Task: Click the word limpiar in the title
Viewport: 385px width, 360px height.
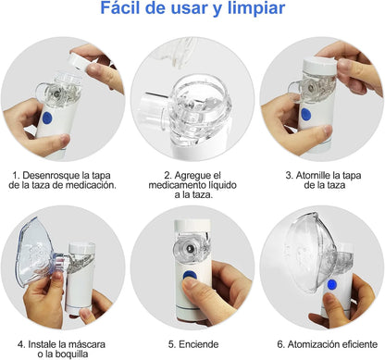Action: pos(256,9)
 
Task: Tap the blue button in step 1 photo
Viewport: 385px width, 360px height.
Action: pos(47,118)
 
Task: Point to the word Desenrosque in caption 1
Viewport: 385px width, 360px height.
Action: pos(51,176)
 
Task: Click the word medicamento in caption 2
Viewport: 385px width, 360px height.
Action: pos(175,185)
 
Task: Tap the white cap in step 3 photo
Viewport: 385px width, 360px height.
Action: pos(319,65)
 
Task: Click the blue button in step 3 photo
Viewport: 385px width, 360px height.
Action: pos(305,114)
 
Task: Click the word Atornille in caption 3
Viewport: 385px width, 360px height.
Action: pos(313,176)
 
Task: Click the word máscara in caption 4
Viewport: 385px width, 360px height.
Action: pos(87,344)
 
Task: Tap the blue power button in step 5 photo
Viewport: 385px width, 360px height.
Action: pos(189,275)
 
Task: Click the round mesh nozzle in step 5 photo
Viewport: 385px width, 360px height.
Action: pos(189,248)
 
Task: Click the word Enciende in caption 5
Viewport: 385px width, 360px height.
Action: pos(199,344)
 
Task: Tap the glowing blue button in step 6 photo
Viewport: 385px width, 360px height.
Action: pos(332,284)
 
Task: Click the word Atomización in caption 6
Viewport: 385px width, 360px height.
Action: pos(313,344)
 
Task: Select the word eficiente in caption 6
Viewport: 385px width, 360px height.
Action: pos(358,344)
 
